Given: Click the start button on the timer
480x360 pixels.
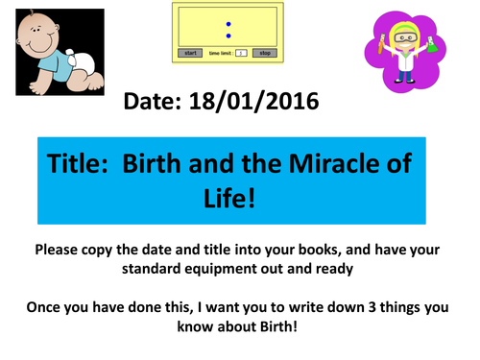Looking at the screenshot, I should coord(190,53).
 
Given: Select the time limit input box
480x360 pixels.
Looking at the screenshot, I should coord(241,53).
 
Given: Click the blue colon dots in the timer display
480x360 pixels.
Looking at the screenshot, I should coord(228,29).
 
